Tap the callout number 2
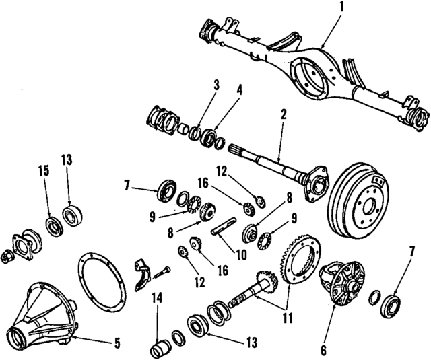point(284,115)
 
